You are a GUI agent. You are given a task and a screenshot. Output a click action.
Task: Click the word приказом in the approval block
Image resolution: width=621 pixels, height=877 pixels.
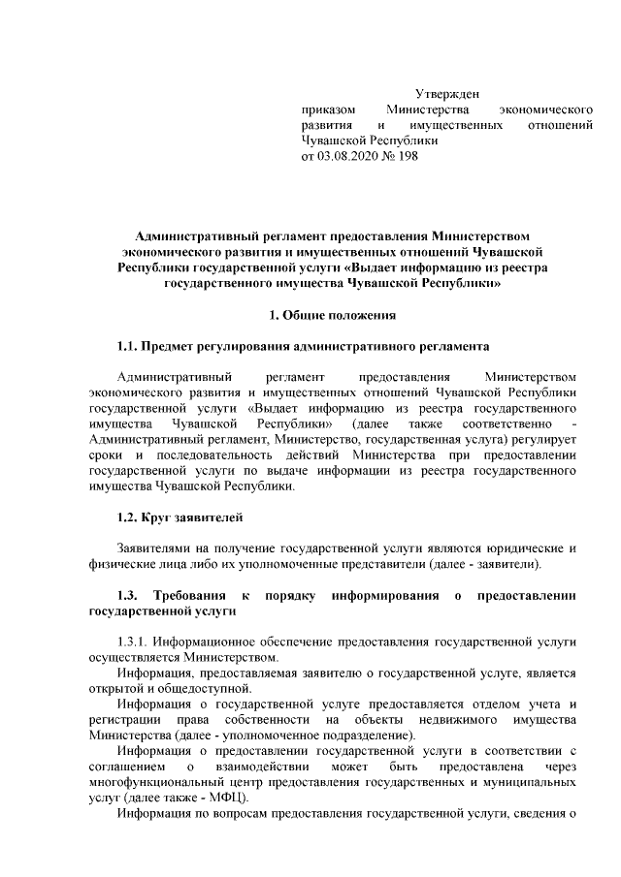point(327,110)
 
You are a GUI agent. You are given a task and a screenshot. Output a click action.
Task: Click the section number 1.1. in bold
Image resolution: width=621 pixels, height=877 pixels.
point(127,346)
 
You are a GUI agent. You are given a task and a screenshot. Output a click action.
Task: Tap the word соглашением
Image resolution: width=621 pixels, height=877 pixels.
point(121,766)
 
